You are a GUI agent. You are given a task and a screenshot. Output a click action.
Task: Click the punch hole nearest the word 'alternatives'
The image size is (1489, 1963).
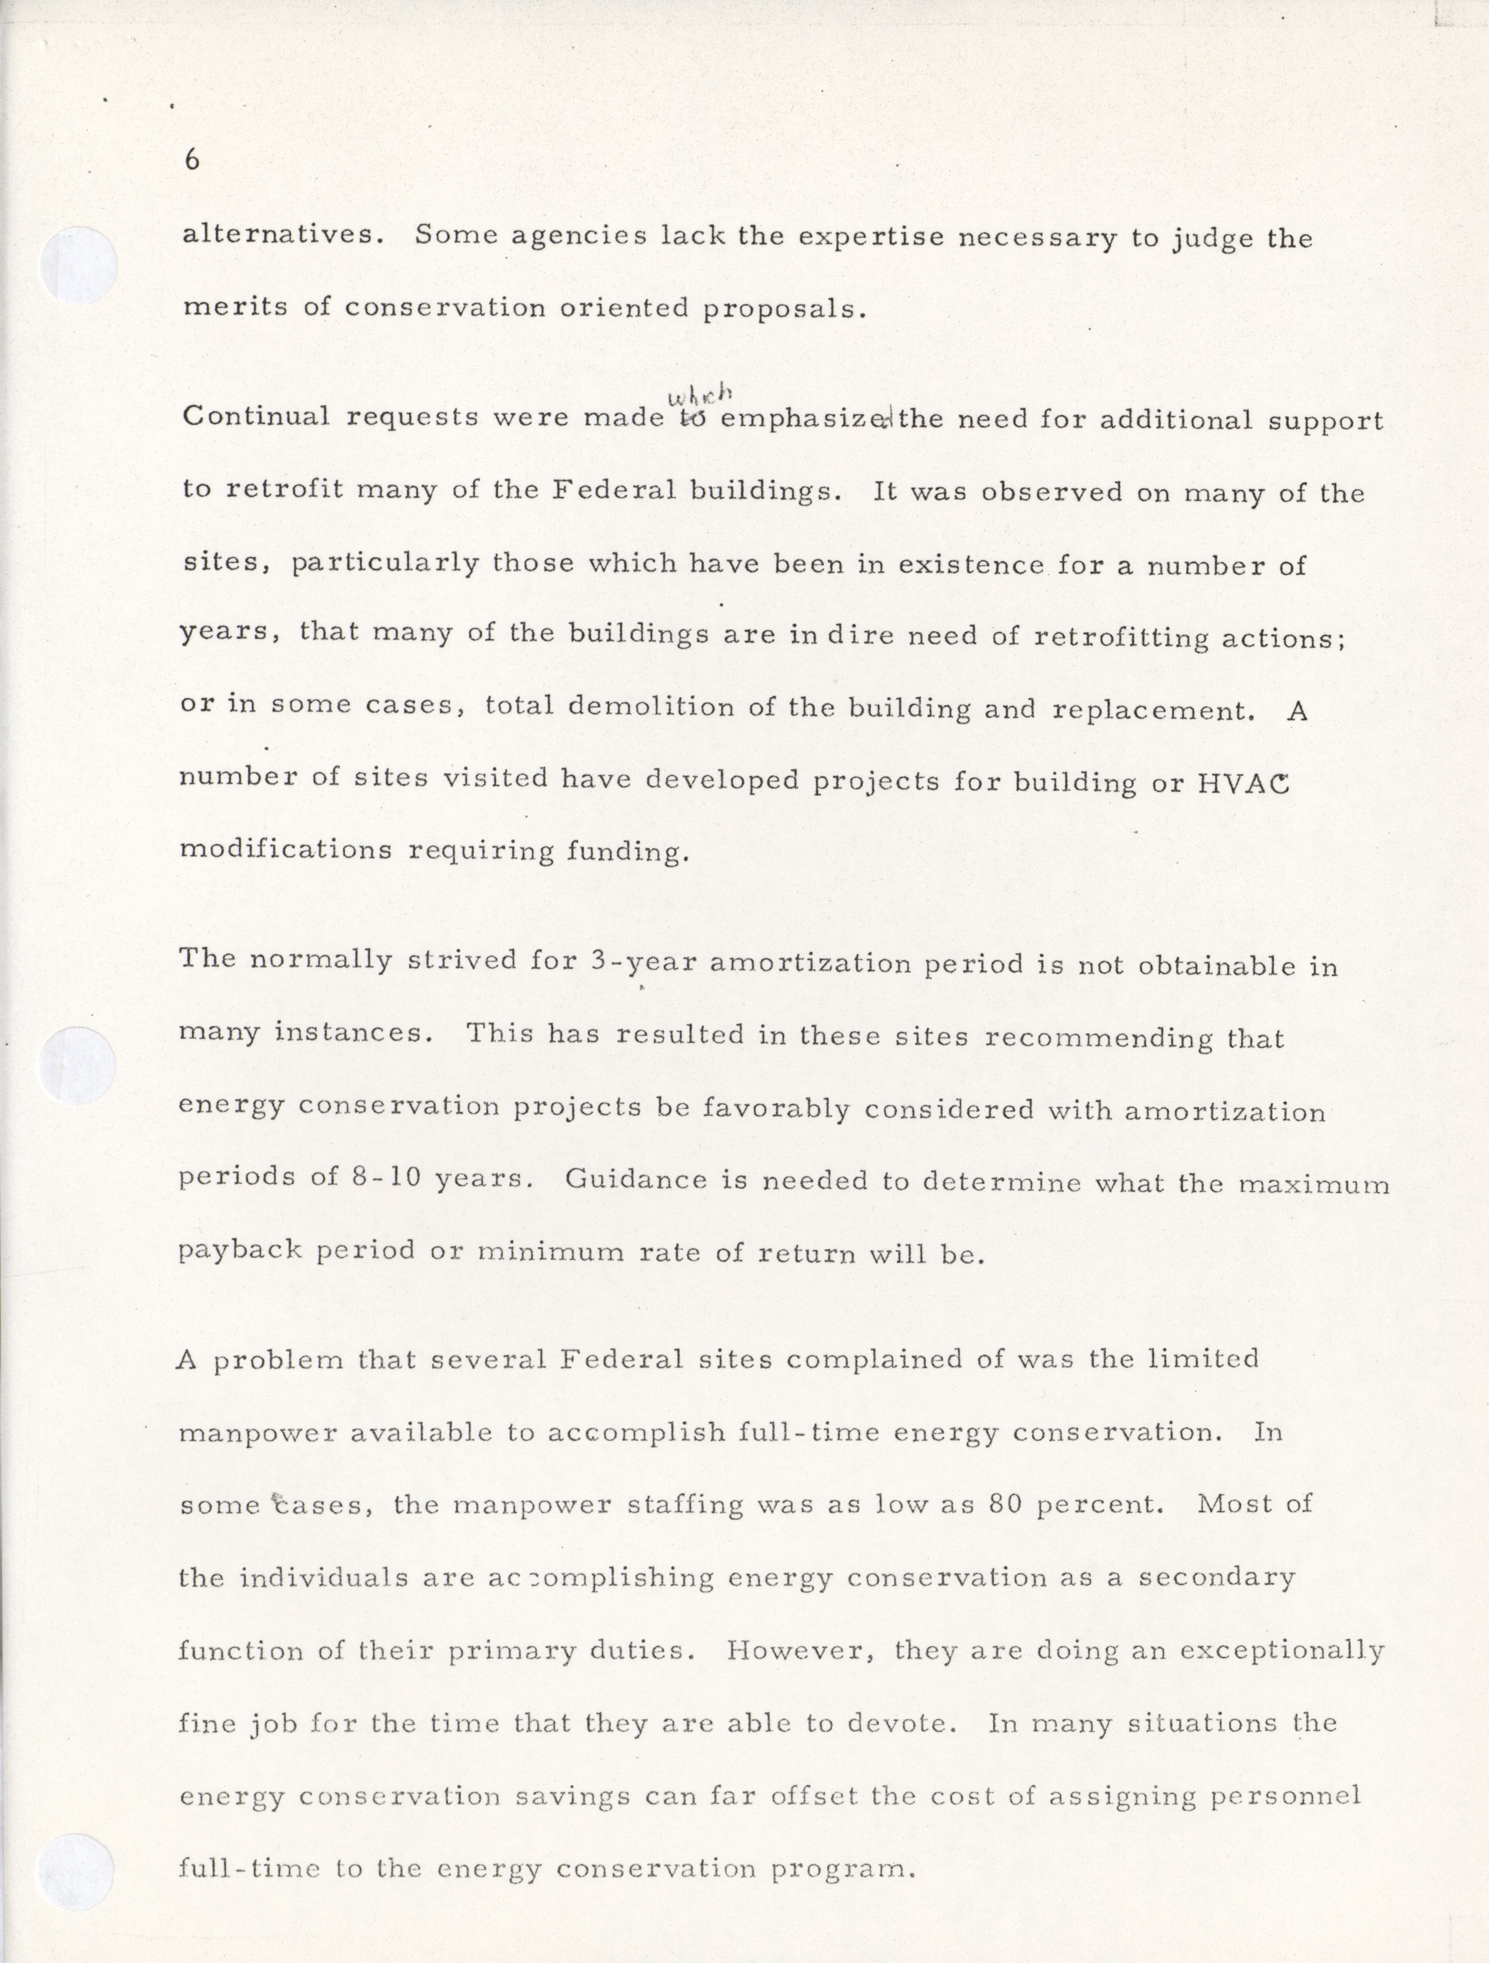(80, 265)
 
